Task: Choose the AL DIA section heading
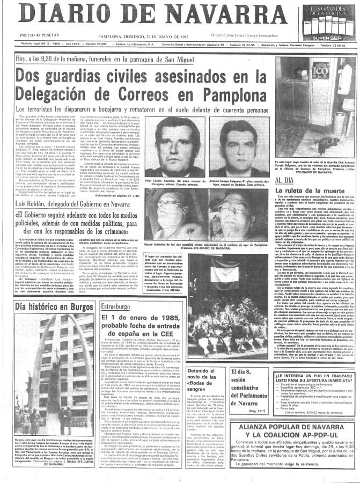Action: pyautogui.click(x=284, y=182)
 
